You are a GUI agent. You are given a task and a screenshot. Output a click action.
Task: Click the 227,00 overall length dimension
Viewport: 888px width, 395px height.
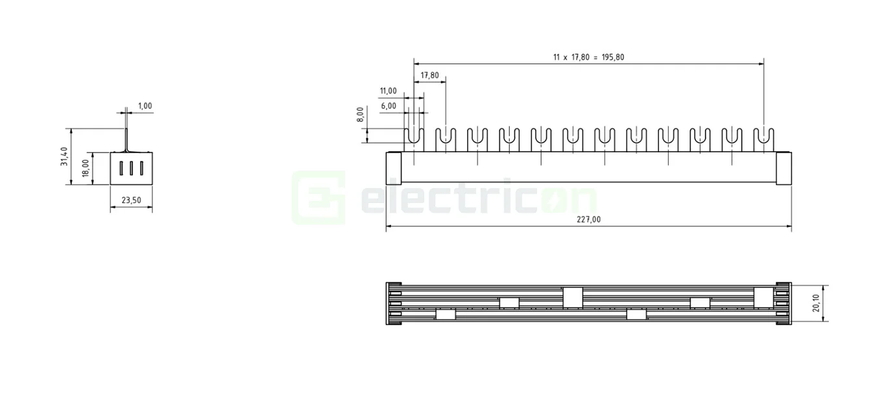(588, 219)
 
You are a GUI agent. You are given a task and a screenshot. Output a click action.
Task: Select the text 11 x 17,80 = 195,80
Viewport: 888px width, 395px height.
(588, 57)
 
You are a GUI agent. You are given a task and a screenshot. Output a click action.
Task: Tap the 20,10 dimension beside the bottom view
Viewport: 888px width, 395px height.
(816, 304)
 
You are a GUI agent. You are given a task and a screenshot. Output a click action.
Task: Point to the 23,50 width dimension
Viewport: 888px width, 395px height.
(131, 200)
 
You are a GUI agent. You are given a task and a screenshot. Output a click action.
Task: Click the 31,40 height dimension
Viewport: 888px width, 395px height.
(64, 156)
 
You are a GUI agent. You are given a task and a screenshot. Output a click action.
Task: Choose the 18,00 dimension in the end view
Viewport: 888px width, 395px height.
(85, 169)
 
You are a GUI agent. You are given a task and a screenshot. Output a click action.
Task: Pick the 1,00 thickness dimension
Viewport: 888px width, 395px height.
(145, 106)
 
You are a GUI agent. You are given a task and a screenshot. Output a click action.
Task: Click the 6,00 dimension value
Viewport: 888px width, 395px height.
(389, 106)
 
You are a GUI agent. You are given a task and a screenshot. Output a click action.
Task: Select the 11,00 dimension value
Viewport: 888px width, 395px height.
(388, 91)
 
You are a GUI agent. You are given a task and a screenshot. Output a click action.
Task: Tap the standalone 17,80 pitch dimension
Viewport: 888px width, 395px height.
(429, 75)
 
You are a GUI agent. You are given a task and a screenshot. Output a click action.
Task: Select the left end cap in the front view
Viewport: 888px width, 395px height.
(394, 168)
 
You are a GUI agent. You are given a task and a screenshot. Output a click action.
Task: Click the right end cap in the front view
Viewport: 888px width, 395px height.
(784, 168)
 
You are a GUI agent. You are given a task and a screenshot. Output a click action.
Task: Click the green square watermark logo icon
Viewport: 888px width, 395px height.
(318, 197)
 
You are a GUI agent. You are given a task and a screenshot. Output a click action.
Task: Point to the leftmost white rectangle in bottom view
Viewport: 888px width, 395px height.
(445, 315)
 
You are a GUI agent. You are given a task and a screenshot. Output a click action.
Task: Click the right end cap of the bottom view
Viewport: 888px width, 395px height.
(783, 304)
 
